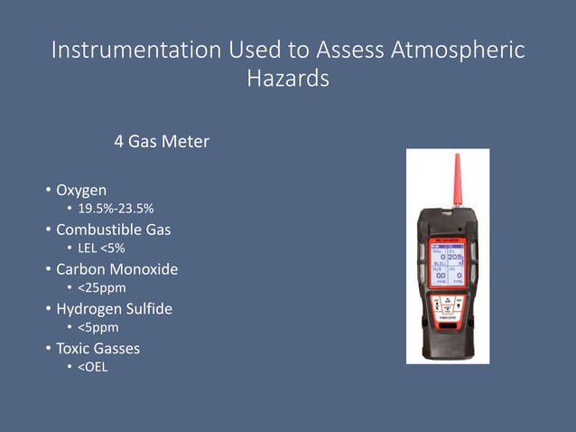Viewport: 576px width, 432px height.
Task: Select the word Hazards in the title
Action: pyautogui.click(x=288, y=80)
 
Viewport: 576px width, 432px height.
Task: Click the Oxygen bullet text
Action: pyautogui.click(x=81, y=191)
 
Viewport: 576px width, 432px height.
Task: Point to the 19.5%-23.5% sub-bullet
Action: pyautogui.click(x=115, y=211)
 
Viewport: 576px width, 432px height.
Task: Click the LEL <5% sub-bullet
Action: pyautogui.click(x=101, y=249)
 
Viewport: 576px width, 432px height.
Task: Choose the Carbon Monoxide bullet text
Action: pyautogui.click(x=116, y=269)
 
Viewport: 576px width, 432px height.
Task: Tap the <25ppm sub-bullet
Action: pyautogui.click(x=101, y=288)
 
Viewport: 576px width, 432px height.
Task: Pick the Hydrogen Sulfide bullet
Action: pyautogui.click(x=114, y=308)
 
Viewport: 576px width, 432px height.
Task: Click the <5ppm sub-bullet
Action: pyautogui.click(x=98, y=327)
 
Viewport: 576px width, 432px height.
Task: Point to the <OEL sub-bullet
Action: pyautogui.click(x=92, y=366)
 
